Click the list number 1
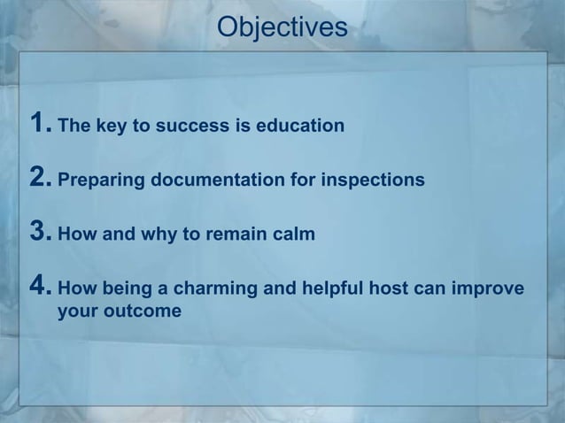tap(39, 124)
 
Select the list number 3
tap(39, 234)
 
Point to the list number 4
tap(39, 288)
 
